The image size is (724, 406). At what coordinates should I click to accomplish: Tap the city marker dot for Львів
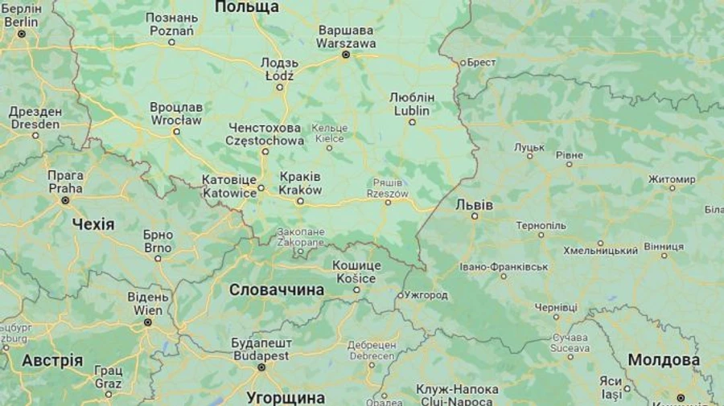[475, 215]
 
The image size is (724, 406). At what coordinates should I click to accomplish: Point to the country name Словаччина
[277, 289]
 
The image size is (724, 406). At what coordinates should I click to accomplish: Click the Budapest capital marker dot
[261, 367]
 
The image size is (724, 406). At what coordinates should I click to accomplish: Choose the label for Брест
[481, 62]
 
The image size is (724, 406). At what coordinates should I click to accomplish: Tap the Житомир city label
[672, 178]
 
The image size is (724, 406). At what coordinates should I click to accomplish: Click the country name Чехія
[93, 224]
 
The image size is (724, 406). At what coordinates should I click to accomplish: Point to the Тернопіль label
[541, 225]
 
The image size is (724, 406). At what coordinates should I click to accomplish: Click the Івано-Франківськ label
[504, 266]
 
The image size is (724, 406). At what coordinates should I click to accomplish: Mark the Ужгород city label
[426, 295]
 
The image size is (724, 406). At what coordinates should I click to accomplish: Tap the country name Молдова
[664, 360]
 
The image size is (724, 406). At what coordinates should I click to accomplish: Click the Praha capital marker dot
[65, 200]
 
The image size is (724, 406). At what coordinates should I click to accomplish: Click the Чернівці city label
[556, 307]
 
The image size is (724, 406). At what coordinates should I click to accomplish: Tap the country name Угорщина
[286, 397]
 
